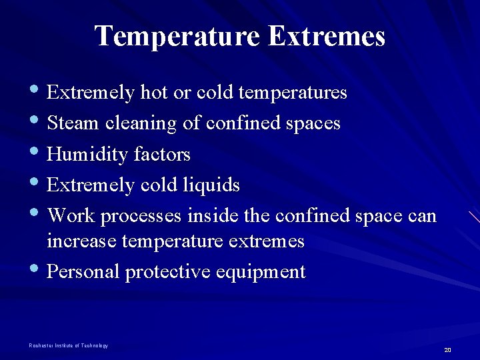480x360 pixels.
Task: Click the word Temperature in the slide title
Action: pos(177,36)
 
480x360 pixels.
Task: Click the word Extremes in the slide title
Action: pos(326,36)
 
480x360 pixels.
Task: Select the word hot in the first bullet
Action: pos(154,92)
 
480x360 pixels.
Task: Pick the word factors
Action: pos(162,155)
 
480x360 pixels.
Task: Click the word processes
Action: pos(141,217)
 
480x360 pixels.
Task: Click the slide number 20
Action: pos(447,350)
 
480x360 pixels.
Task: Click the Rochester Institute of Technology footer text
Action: pos(68,345)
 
